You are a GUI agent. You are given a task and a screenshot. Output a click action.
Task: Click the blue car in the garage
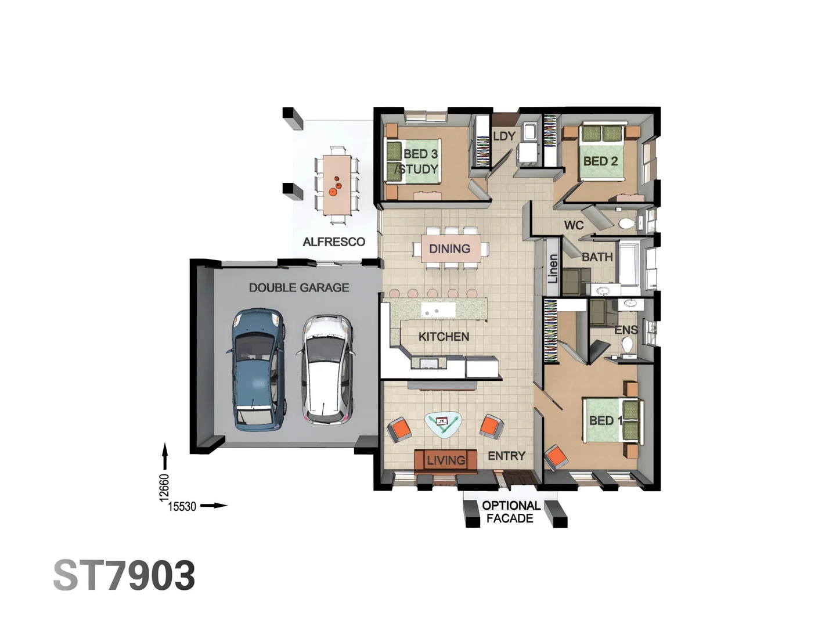click(258, 369)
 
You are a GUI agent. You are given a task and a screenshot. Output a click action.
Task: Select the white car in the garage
click(326, 369)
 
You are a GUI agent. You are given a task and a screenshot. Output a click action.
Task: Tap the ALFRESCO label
click(334, 242)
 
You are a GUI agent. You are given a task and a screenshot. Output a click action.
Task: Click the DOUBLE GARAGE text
click(299, 287)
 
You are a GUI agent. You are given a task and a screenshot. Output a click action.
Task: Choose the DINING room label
click(449, 249)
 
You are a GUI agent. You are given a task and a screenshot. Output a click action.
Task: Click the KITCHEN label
click(444, 337)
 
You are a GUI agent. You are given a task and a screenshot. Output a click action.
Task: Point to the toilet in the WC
click(626, 224)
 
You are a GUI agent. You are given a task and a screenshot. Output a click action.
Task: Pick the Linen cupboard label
click(553, 269)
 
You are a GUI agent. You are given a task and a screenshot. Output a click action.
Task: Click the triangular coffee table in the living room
click(444, 424)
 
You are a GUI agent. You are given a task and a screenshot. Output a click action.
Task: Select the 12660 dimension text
click(164, 487)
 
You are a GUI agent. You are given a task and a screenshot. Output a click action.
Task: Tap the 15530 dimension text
click(182, 506)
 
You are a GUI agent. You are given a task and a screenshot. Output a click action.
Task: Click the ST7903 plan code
click(124, 576)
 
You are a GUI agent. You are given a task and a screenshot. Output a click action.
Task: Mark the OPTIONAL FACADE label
click(510, 512)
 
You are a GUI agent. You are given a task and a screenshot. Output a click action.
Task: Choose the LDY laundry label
click(504, 136)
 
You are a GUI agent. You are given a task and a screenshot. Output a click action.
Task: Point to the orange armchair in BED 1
click(557, 456)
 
